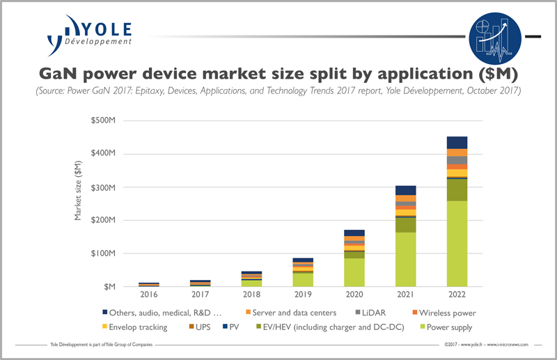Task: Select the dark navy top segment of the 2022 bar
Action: point(456,142)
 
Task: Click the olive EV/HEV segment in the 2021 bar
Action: point(405,225)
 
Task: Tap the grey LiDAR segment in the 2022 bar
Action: point(456,160)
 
